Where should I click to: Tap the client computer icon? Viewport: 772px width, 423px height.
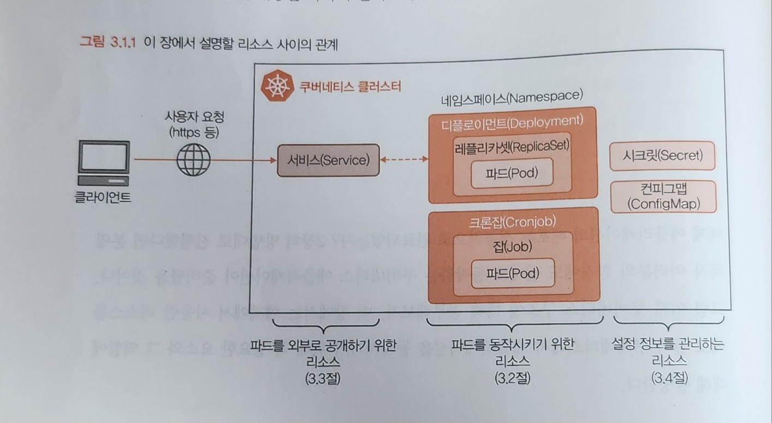[x=103, y=164]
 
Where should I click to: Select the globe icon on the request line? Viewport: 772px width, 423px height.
[x=193, y=159]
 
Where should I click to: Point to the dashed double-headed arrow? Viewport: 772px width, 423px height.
[x=404, y=160]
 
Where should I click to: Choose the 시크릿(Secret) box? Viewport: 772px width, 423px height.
[x=662, y=156]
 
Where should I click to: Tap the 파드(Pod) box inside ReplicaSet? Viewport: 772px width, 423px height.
[x=512, y=173]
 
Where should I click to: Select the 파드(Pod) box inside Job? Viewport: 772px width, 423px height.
[x=512, y=273]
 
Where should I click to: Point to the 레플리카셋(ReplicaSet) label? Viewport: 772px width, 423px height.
[x=512, y=146]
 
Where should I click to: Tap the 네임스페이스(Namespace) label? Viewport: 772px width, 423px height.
[x=512, y=98]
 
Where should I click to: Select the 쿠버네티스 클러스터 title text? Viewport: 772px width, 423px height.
[x=349, y=86]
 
